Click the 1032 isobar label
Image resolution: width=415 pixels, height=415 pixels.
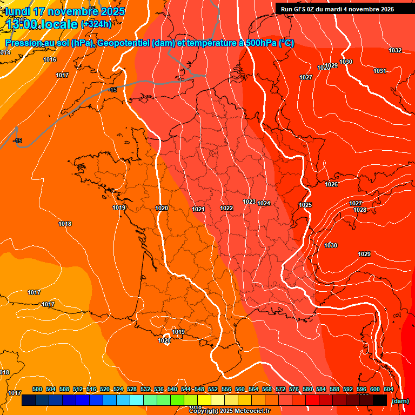[x=395, y=50]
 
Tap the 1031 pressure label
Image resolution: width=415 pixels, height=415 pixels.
[x=380, y=71]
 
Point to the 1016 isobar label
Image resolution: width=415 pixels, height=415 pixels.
[x=50, y=59]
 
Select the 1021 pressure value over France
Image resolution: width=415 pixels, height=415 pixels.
[x=198, y=209]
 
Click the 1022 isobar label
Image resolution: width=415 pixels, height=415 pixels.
[x=226, y=208]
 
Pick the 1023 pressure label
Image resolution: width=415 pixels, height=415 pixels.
[x=249, y=202]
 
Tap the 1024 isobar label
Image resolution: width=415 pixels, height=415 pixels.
[x=264, y=203]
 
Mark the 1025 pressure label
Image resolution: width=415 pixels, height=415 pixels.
[x=305, y=205]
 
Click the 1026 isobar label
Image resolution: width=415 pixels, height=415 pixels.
[x=331, y=184]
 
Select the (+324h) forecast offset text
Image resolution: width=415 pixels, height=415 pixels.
[x=96, y=24]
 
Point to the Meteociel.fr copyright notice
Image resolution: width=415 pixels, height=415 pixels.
[x=230, y=411]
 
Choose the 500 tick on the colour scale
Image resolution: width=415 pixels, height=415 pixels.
[x=37, y=389]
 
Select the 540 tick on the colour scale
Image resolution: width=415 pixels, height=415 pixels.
[x=172, y=389]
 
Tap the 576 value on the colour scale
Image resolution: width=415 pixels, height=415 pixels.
[x=294, y=389]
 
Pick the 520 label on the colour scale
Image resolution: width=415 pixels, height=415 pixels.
[x=105, y=389]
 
